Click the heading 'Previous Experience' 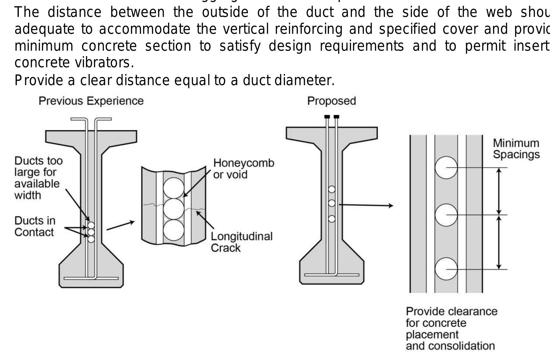pyautogui.click(x=91, y=101)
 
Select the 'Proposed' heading pyautogui.click(x=331, y=101)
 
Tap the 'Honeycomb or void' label pyautogui.click(x=243, y=169)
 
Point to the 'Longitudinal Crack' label pyautogui.click(x=242, y=242)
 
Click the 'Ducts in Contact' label pyautogui.click(x=35, y=226)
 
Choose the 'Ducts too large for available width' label pyautogui.click(x=38, y=178)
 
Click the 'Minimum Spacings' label pyautogui.click(x=516, y=149)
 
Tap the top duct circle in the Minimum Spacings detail pyautogui.click(x=446, y=168)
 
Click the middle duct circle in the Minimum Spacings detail pyautogui.click(x=446, y=215)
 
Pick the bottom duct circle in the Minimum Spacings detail pyautogui.click(x=446, y=269)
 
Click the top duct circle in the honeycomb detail pyautogui.click(x=174, y=188)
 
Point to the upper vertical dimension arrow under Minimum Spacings pyautogui.click(x=499, y=191)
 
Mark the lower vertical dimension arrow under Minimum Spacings pyautogui.click(x=499, y=242)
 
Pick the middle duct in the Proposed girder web pyautogui.click(x=332, y=203)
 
